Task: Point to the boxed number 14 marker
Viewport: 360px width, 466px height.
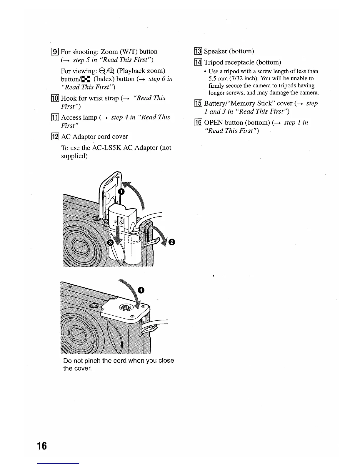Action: click(199, 62)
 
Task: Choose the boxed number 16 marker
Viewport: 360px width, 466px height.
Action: click(199, 123)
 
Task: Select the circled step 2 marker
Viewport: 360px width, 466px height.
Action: click(172, 242)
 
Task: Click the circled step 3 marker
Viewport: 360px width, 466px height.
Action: click(111, 242)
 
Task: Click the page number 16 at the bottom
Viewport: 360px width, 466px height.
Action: click(42, 446)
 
